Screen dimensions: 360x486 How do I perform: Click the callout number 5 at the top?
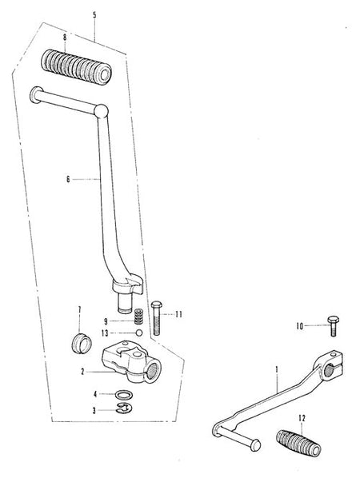pyautogui.click(x=94, y=15)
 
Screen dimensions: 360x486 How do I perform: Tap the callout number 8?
pyautogui.click(x=65, y=38)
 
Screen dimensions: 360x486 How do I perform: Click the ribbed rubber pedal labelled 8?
pyautogui.click(x=76, y=66)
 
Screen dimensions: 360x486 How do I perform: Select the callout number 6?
pyautogui.click(x=68, y=179)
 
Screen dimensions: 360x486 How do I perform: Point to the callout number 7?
pyautogui.click(x=80, y=309)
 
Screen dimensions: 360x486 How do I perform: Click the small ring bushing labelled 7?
pyautogui.click(x=82, y=342)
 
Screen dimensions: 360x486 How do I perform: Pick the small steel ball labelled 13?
pyautogui.click(x=139, y=333)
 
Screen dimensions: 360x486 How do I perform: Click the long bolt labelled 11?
pyautogui.click(x=157, y=318)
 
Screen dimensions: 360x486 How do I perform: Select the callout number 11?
pyautogui.click(x=178, y=314)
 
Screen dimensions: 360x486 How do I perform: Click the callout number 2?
pyautogui.click(x=82, y=372)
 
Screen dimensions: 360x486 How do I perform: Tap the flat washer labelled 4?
pyautogui.click(x=124, y=395)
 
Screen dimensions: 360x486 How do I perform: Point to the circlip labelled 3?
pyautogui.click(x=124, y=408)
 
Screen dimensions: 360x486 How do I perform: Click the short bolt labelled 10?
pyautogui.click(x=333, y=326)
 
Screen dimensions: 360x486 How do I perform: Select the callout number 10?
pyautogui.click(x=299, y=326)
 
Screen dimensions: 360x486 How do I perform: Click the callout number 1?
pyautogui.click(x=277, y=369)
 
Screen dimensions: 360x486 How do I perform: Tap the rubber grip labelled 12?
pyautogui.click(x=298, y=443)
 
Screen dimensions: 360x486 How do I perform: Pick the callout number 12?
pyautogui.click(x=302, y=418)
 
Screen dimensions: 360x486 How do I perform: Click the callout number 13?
pyautogui.click(x=105, y=333)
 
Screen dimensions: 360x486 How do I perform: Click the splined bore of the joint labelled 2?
pyautogui.click(x=154, y=371)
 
